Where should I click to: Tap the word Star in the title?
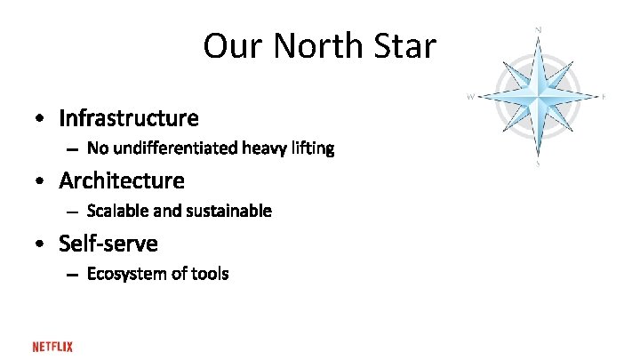coord(405,46)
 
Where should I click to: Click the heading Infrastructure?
coord(129,117)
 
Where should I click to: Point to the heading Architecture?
coord(122,180)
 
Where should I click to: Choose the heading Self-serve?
coord(108,243)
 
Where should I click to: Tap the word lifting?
coord(313,148)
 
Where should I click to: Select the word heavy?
coord(265,148)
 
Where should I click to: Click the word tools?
coord(209,274)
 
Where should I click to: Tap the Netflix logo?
coord(52,347)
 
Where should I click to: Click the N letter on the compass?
coord(538,30)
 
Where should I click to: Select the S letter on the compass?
coord(538,164)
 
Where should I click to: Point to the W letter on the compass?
coord(469,96)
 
